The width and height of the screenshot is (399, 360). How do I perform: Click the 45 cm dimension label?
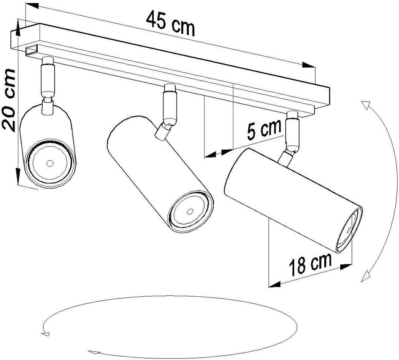(170, 23)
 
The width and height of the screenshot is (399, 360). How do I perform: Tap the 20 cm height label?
(9, 100)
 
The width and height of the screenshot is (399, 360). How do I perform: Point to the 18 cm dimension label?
(310, 264)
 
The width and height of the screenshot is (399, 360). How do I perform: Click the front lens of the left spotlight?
(50, 163)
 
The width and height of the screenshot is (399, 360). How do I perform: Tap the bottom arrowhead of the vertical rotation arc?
(366, 277)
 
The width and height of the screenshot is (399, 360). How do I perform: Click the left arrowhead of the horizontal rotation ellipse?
(46, 333)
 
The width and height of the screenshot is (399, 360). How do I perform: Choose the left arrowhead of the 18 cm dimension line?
(275, 284)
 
